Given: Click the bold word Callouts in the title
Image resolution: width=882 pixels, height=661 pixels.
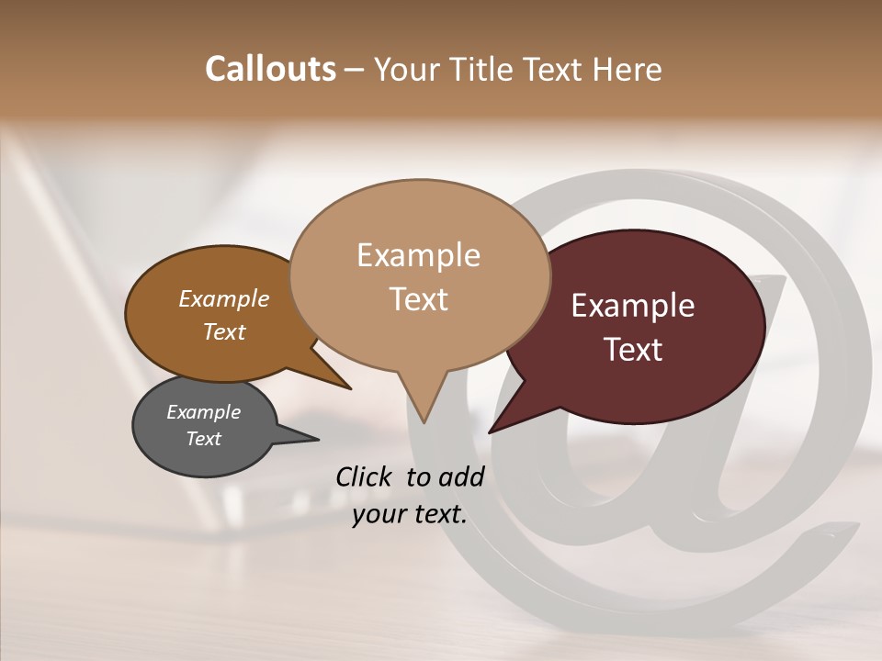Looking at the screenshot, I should click(270, 69).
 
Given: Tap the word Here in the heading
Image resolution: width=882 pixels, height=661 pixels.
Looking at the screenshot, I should click(626, 69).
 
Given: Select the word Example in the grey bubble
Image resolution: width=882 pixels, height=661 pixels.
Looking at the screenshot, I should click(203, 412).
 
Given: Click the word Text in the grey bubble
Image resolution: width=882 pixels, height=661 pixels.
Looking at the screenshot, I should click(203, 439).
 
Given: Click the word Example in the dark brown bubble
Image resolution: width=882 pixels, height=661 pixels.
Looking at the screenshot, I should click(633, 306).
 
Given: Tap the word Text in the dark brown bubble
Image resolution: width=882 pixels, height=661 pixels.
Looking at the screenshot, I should click(633, 350).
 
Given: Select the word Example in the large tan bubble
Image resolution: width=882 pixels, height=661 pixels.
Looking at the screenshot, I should click(418, 254).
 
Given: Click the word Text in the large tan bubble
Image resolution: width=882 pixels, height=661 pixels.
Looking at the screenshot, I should click(418, 299).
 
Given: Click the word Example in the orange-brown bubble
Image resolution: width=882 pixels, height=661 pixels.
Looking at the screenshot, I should click(223, 298).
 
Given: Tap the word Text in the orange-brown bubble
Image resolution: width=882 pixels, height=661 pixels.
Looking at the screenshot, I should click(223, 331).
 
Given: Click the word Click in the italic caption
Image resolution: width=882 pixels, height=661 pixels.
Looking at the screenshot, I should click(365, 476).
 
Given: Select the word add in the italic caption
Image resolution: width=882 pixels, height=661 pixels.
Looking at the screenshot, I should click(461, 476).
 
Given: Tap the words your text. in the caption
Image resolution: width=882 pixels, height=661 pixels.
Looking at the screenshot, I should click(410, 514).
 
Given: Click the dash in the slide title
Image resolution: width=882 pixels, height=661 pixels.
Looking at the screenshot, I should click(356, 70).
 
